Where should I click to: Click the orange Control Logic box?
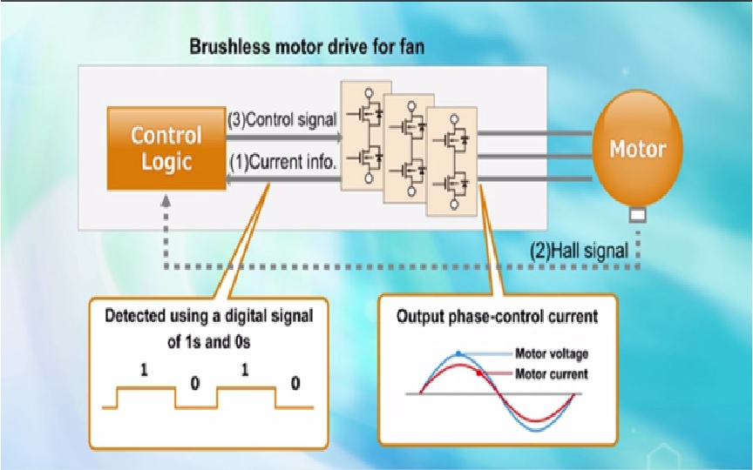pyautogui.click(x=166, y=148)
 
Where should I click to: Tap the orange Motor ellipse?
pyautogui.click(x=636, y=148)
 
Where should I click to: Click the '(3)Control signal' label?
pyautogui.click(x=282, y=120)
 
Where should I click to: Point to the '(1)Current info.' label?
pyautogui.click(x=282, y=161)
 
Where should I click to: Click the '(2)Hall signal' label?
pyautogui.click(x=580, y=251)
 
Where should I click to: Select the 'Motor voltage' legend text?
pyautogui.click(x=552, y=353)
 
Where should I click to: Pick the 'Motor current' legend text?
pyautogui.click(x=552, y=373)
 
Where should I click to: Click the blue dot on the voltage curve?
pyautogui.click(x=458, y=353)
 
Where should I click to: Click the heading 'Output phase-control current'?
pyautogui.click(x=498, y=317)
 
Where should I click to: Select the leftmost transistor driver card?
pyautogui.click(x=364, y=131)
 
